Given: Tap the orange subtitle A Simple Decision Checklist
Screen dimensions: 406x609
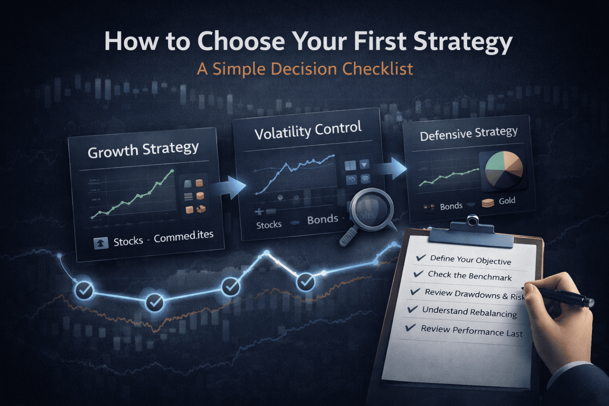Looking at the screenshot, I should (305, 69).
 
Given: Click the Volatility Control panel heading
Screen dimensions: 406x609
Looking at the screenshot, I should (308, 130).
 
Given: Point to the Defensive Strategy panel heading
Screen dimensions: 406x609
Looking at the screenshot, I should (469, 134).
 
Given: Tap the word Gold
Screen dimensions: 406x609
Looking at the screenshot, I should (507, 201).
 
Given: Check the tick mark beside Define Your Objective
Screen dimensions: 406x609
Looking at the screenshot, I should (421, 258).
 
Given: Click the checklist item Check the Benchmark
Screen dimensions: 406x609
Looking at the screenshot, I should (470, 275).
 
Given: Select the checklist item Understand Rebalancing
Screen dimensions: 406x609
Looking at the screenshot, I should (469, 312).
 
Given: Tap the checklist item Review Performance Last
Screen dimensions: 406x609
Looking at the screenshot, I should (472, 331).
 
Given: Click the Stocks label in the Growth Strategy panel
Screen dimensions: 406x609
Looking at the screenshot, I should (128, 241).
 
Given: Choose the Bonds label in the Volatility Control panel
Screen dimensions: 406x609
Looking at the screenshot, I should (322, 220).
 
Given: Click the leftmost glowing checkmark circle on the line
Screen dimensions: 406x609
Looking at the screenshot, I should (84, 290).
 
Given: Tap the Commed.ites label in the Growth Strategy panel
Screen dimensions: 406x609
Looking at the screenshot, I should (183, 237).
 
